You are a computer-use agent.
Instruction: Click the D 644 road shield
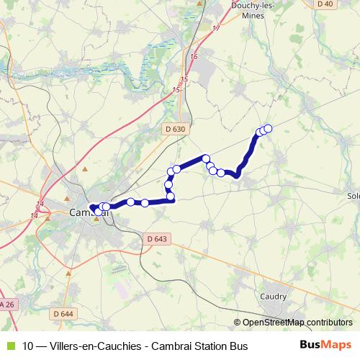pyautogui.click(x=63, y=313)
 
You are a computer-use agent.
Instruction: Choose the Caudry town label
pyautogui.click(x=276, y=296)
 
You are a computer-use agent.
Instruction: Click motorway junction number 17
pyautogui.click(x=215, y=28)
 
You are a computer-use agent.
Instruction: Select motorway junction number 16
pyautogui.click(x=193, y=57)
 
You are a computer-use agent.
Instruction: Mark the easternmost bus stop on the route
pyautogui.click(x=268, y=128)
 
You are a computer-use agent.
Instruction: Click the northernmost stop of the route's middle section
pyautogui.click(x=206, y=158)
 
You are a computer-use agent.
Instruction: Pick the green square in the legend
pyautogui.click(x=9, y=346)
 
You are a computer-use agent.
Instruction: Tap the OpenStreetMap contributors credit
pyautogui.click(x=294, y=322)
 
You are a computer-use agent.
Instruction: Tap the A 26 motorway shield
pyautogui.click(x=6, y=305)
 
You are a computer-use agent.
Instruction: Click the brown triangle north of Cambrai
pyautogui.click(x=86, y=168)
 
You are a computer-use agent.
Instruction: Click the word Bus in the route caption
pyautogui.click(x=238, y=346)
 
